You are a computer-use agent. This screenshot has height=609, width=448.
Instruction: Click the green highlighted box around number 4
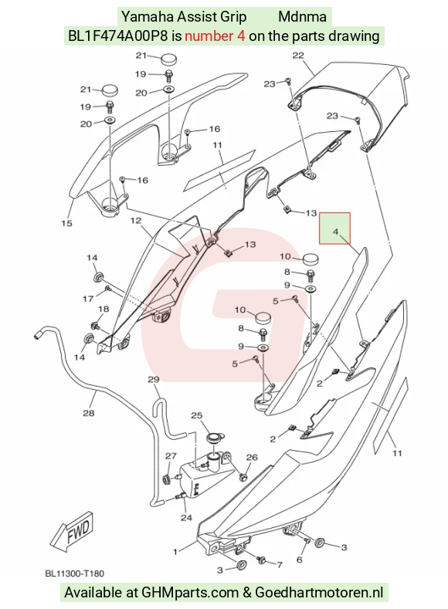click(334, 228)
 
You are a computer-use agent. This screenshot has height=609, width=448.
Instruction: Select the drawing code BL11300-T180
click(75, 573)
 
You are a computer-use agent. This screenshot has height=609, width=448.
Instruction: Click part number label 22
click(298, 56)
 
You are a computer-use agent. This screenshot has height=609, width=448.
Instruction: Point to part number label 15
click(67, 223)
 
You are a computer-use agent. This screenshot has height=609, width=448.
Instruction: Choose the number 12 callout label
click(136, 221)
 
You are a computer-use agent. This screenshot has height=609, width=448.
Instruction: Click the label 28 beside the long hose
click(89, 412)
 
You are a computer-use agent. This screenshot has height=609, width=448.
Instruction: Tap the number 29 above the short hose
click(154, 379)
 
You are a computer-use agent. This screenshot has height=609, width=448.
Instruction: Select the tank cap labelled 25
click(214, 438)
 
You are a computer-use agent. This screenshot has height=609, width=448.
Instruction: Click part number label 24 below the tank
click(186, 518)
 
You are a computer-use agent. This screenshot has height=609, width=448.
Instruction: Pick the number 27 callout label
click(171, 456)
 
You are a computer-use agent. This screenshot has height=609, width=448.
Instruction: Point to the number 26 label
click(252, 457)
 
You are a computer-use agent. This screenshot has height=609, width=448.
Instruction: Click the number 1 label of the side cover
click(175, 552)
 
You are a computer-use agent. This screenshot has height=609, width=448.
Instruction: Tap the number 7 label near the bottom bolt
click(279, 564)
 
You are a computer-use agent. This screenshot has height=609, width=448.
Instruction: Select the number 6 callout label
click(299, 560)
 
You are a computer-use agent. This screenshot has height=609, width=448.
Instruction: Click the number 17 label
click(88, 299)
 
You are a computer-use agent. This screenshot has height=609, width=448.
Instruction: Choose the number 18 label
click(104, 310)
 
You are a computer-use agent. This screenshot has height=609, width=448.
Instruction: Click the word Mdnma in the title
click(302, 17)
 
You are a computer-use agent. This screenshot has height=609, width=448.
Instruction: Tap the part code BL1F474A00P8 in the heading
click(118, 36)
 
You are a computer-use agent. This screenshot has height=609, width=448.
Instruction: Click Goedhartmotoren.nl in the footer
click(319, 593)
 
